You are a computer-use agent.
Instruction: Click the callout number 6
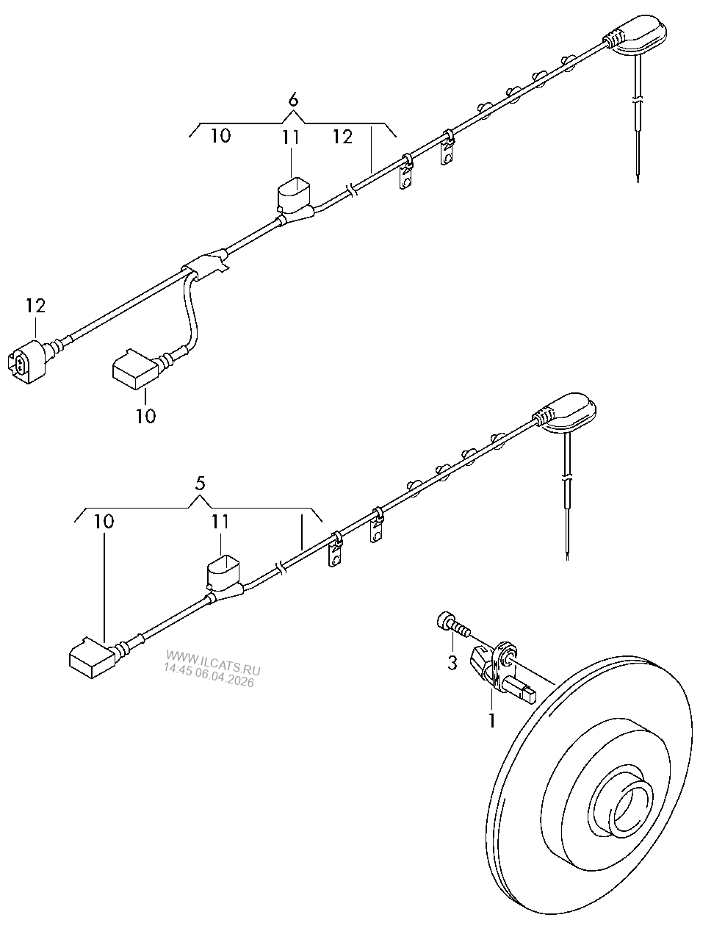(292, 100)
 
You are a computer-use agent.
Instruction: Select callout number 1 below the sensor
(492, 720)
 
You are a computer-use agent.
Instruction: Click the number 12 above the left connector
(35, 306)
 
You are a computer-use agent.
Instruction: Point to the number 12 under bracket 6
(342, 137)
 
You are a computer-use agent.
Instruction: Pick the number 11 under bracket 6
(290, 138)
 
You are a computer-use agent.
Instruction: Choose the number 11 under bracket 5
(220, 522)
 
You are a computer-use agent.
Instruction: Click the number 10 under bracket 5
(104, 522)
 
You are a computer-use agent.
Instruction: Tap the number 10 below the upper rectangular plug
(146, 416)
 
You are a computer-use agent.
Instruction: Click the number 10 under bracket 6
(221, 136)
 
